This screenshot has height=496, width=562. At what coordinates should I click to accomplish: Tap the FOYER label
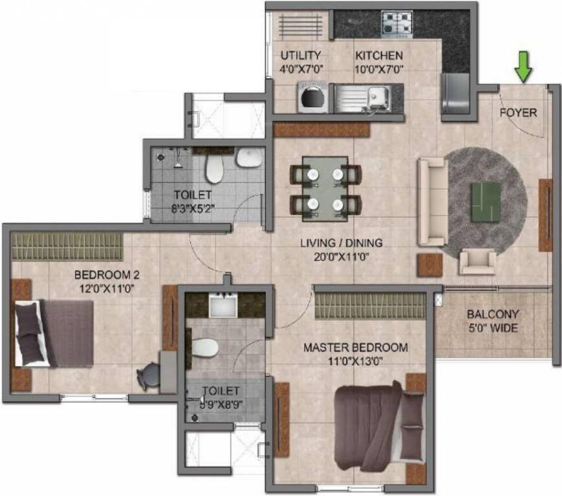[518, 112]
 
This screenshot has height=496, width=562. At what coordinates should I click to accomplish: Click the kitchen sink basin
[376, 98]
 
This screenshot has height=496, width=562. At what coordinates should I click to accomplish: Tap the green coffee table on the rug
[485, 198]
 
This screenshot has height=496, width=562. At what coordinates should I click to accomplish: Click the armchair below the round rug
[477, 261]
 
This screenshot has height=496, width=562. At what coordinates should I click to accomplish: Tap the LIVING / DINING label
[341, 249]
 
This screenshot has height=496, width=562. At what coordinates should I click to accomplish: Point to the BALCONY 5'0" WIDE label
[493, 322]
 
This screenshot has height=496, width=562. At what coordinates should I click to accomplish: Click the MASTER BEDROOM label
[356, 354]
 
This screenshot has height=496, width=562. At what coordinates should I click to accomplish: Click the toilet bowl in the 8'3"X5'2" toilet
[214, 169]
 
